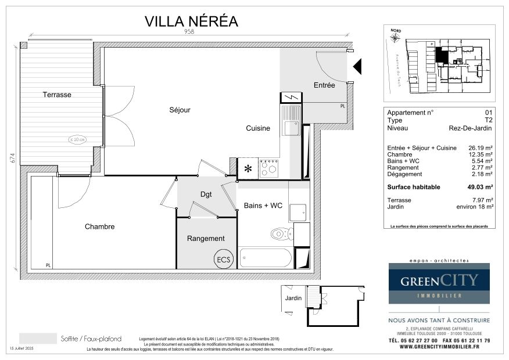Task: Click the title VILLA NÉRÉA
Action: [x=191, y=21]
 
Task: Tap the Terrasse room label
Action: [x=57, y=95]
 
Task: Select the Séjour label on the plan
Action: [x=180, y=110]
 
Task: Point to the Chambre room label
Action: [x=99, y=226]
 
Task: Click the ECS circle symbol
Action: [x=223, y=258]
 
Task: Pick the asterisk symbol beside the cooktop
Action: [x=248, y=169]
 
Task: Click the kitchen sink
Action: [x=290, y=122]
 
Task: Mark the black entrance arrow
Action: [x=357, y=67]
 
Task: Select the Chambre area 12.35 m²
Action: [x=482, y=155]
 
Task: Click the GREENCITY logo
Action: [x=439, y=282]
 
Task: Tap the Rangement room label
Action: [x=206, y=239]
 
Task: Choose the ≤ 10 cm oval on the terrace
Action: [x=77, y=139]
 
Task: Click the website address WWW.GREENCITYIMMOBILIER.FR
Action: [x=439, y=347]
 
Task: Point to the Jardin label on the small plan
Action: [x=293, y=298]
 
